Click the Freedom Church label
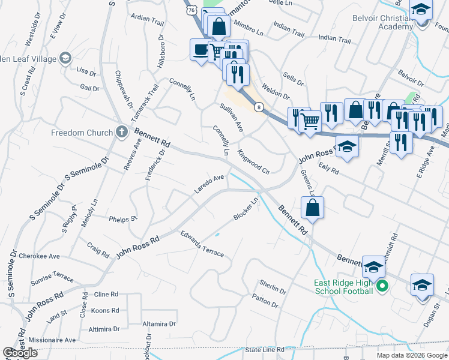[x=82, y=133]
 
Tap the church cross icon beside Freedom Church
[x=122, y=133]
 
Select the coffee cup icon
[x=200, y=50]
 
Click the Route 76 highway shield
[x=191, y=10]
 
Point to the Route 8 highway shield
[x=258, y=107]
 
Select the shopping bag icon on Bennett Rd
[x=312, y=208]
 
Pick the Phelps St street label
[x=124, y=219]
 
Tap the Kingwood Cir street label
[x=255, y=161]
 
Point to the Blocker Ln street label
[x=246, y=209]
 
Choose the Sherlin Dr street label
[x=273, y=287]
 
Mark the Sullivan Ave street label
[x=231, y=118]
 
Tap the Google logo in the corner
[x=20, y=353]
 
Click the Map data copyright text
[x=412, y=355]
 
